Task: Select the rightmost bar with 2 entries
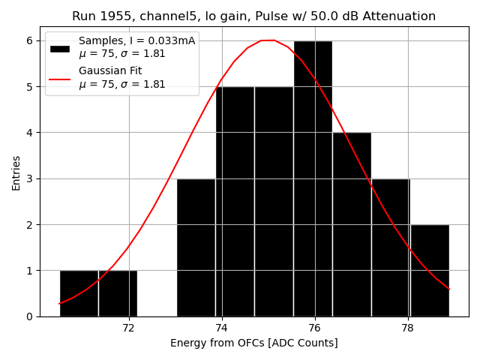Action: tap(430, 270)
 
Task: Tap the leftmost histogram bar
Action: tap(79, 293)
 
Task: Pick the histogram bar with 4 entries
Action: tap(352, 224)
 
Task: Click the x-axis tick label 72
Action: tap(128, 328)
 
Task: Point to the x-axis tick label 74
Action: tap(221, 328)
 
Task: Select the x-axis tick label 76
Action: tap(314, 328)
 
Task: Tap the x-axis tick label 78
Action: tap(407, 328)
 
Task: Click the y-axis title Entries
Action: tap(16, 172)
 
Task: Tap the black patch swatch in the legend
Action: tap(59, 48)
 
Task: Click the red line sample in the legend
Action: tap(59, 78)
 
